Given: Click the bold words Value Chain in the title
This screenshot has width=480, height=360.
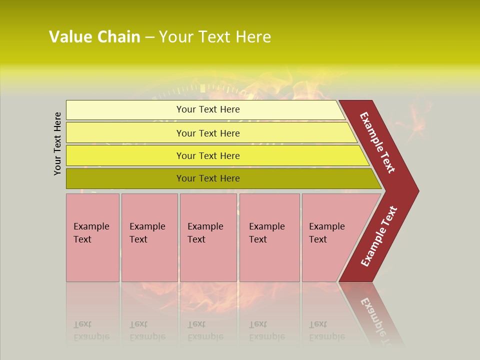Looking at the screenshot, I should [x=94, y=37].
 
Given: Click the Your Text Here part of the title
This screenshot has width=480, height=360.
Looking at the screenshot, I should [x=215, y=37].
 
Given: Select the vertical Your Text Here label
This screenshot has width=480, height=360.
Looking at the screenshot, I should [x=57, y=143].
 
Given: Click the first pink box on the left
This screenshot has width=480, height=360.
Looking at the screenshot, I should [x=92, y=237].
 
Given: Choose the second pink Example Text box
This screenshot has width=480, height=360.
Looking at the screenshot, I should [x=149, y=237].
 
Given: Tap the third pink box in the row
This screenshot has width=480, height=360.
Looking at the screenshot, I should [x=208, y=237].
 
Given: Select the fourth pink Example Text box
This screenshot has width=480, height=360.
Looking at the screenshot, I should [x=269, y=237].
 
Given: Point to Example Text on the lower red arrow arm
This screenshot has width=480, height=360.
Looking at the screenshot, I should [x=379, y=236].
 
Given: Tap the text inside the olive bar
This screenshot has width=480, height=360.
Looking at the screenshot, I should [x=208, y=178].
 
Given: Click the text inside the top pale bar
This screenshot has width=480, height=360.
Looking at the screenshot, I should [x=208, y=109].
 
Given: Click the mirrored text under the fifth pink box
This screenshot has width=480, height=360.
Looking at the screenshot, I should [x=326, y=330].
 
